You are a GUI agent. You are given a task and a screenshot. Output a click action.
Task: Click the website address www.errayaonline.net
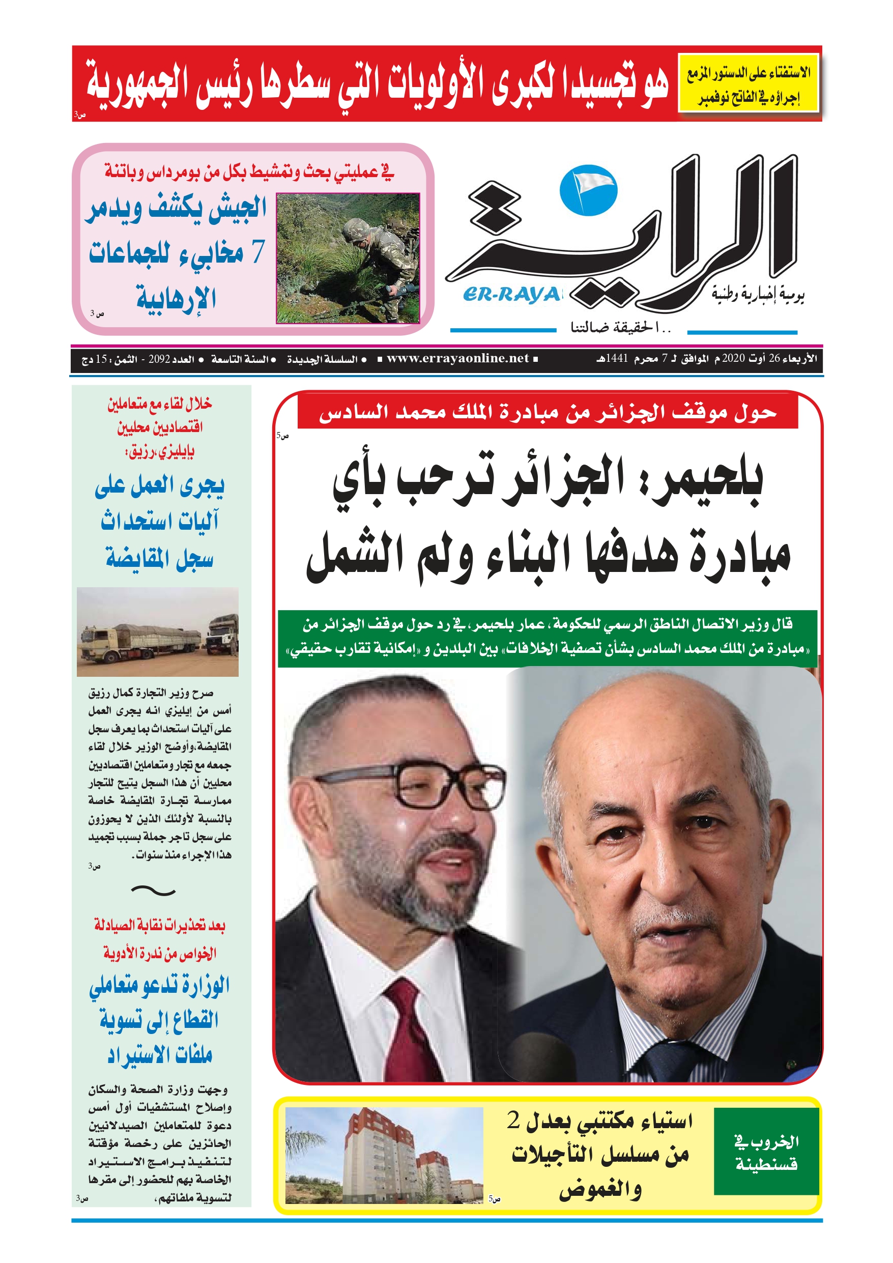(457, 359)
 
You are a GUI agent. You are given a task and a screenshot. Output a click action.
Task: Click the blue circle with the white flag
(588, 190)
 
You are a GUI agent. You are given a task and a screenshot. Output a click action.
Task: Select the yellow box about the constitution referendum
(748, 83)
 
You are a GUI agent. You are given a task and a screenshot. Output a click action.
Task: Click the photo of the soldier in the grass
(347, 258)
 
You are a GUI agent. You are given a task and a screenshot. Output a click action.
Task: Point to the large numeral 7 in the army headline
(257, 251)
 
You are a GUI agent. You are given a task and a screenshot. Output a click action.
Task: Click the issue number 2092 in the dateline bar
(160, 359)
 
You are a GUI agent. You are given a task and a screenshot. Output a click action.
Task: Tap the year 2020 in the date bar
(733, 359)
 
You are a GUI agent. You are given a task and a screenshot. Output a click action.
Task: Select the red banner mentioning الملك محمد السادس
(547, 413)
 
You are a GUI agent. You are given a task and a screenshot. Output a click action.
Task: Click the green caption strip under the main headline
(547, 638)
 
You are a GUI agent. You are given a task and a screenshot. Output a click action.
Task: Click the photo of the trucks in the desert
(157, 632)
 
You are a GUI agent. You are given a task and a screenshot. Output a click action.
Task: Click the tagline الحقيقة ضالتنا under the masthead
(620, 328)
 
